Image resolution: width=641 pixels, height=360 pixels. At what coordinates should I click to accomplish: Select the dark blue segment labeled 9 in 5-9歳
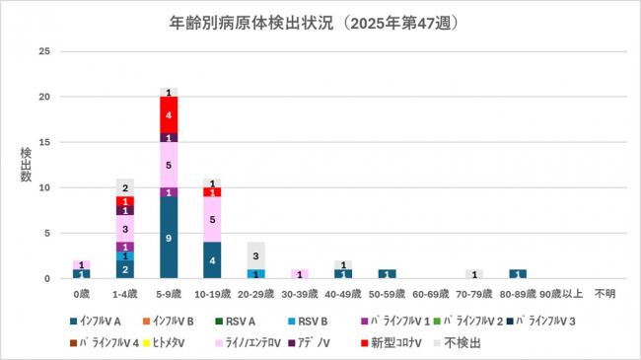coord(169,237)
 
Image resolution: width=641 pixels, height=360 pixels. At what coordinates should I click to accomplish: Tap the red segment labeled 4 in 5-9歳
coord(169,114)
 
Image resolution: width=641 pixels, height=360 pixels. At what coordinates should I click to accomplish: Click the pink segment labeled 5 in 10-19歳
coord(212,219)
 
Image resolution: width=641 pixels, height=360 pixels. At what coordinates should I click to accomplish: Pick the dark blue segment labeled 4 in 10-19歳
coord(212,259)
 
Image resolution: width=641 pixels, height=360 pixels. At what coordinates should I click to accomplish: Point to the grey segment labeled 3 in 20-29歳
coord(255,255)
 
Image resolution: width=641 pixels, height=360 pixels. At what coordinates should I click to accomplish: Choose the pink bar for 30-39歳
coord(299,273)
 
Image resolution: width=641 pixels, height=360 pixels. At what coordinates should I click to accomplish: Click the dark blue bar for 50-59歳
coord(386,273)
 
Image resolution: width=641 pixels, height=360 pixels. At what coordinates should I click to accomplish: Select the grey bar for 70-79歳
coord(473,273)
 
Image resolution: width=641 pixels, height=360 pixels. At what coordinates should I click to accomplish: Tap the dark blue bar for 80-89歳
coord(517,273)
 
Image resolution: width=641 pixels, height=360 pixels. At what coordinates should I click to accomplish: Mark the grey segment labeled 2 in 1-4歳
coord(125,187)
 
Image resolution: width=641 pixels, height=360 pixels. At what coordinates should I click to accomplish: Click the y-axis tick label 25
coord(43,51)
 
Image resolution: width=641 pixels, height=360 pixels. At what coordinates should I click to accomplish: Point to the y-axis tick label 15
coord(43,142)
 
